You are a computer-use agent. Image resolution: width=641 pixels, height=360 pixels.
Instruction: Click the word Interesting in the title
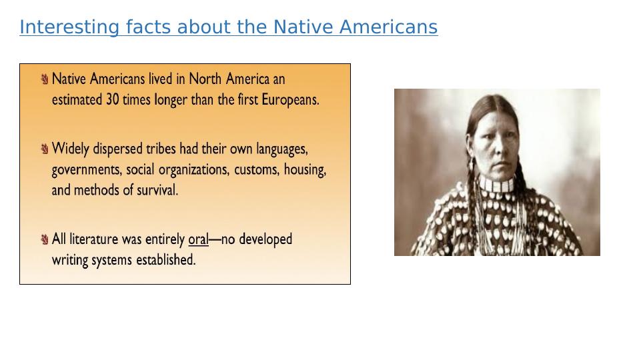click(69, 28)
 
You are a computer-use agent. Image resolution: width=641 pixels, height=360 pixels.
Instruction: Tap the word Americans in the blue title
click(388, 27)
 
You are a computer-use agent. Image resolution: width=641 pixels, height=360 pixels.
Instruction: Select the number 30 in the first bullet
click(113, 99)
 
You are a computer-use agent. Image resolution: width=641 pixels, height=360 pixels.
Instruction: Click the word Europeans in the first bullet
click(290, 100)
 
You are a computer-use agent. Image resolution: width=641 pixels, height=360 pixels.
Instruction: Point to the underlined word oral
click(198, 239)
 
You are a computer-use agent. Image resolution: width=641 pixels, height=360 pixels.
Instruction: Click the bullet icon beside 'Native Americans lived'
click(45, 79)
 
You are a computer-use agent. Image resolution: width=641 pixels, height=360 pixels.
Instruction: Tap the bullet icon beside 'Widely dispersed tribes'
click(45, 149)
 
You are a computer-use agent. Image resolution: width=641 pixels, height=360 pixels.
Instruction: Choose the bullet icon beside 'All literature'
click(45, 239)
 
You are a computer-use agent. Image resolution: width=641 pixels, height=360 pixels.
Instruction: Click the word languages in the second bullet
click(282, 149)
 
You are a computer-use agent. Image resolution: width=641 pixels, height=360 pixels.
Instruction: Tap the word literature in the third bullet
click(105, 239)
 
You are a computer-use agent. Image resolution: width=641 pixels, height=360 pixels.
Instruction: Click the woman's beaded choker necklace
click(496, 185)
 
